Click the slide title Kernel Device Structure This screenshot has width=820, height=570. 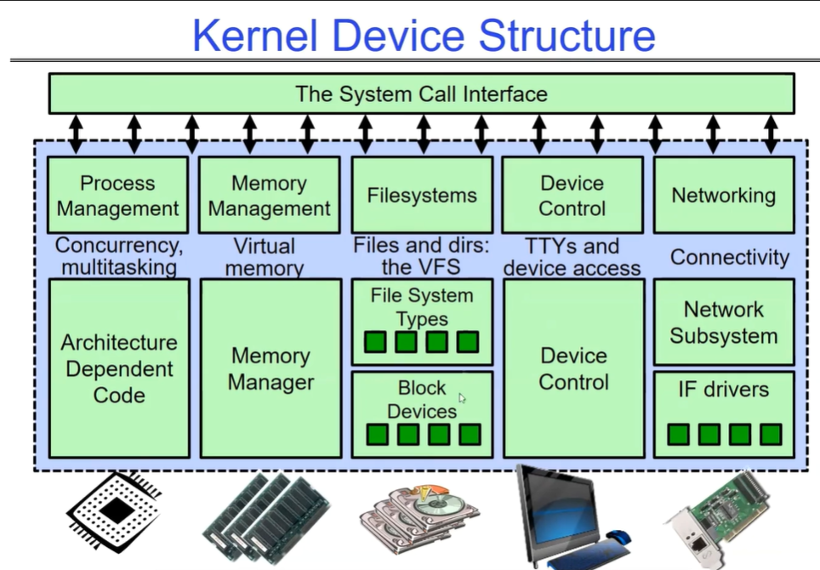pyautogui.click(x=423, y=36)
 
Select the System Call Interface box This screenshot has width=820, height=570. pyautogui.click(x=421, y=94)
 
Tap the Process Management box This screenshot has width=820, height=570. pyautogui.click(x=117, y=195)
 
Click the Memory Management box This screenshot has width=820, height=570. pyautogui.click(x=269, y=195)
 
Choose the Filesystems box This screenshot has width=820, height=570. pyautogui.click(x=422, y=195)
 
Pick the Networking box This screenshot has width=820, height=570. pyautogui.click(x=723, y=195)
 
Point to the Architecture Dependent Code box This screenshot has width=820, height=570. pyautogui.click(x=119, y=368)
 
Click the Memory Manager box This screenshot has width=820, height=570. pyautogui.click(x=270, y=368)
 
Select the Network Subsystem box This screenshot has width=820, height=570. pyautogui.click(x=723, y=322)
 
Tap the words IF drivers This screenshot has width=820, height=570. pyautogui.click(x=723, y=390)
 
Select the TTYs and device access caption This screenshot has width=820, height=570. pyautogui.click(x=572, y=257)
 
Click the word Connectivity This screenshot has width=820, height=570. pyautogui.click(x=730, y=257)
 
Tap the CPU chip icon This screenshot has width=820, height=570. pyautogui.click(x=114, y=513)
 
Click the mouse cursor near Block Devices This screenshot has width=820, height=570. pyautogui.click(x=463, y=398)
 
